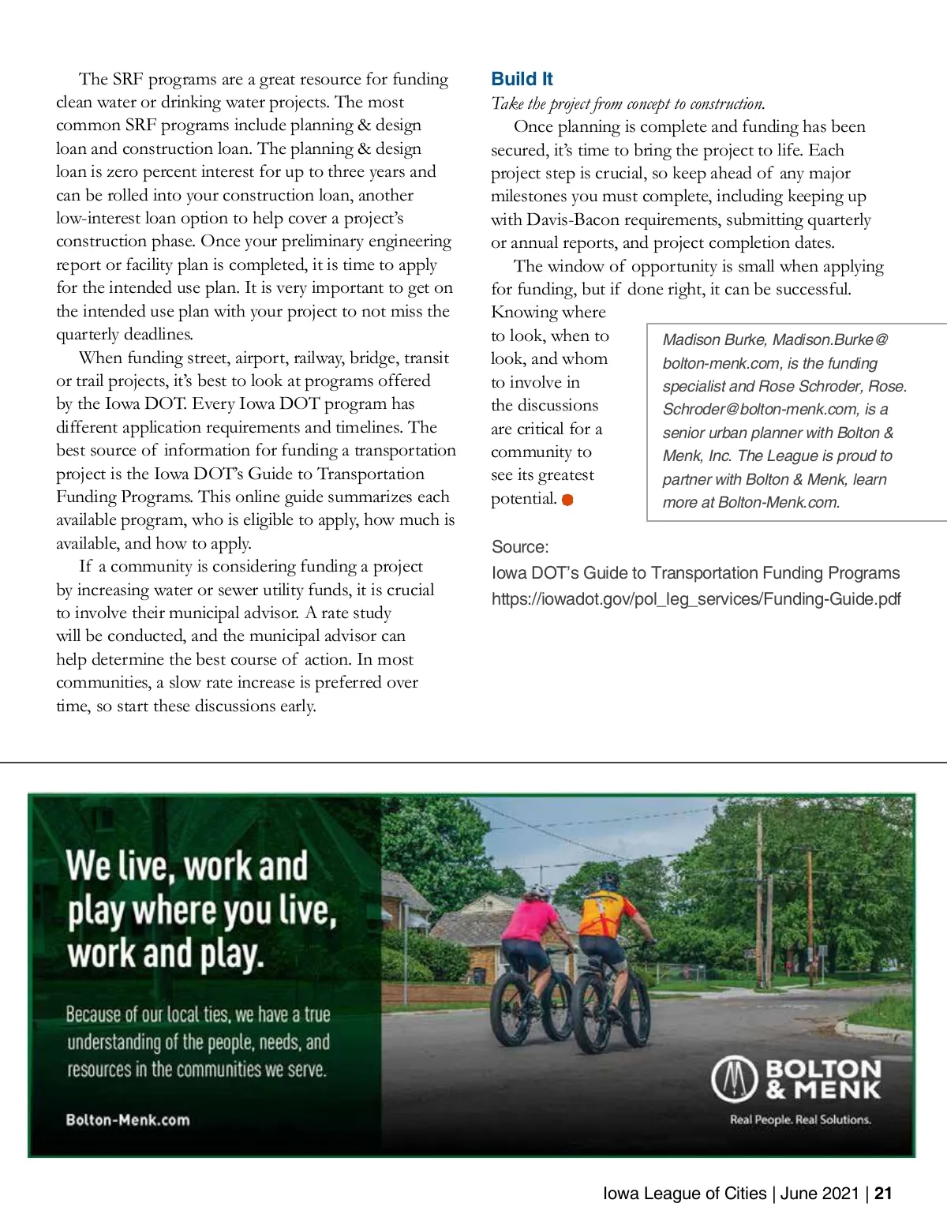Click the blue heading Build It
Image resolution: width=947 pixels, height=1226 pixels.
coord(522,79)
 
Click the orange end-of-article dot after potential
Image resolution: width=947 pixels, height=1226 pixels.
coord(567,500)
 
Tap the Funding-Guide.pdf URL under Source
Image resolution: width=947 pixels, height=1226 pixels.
coord(695,599)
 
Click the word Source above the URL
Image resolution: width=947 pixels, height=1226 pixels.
coord(518,547)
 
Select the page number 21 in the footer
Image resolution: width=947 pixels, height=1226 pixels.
coord(883,1194)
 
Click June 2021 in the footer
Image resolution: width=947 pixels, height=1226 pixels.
coord(819,1194)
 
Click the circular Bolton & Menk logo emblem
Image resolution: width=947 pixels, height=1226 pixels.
coord(734,1080)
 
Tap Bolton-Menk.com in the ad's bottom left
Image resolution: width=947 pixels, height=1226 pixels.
coord(128,1120)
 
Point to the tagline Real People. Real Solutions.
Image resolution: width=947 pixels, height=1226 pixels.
coord(800,1119)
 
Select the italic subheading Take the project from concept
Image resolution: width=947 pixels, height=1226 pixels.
coord(627,103)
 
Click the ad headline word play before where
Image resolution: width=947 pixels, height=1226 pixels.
coord(96,911)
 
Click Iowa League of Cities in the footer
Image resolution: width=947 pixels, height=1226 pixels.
coord(684,1194)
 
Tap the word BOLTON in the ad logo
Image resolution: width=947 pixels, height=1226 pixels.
coord(823,1069)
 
